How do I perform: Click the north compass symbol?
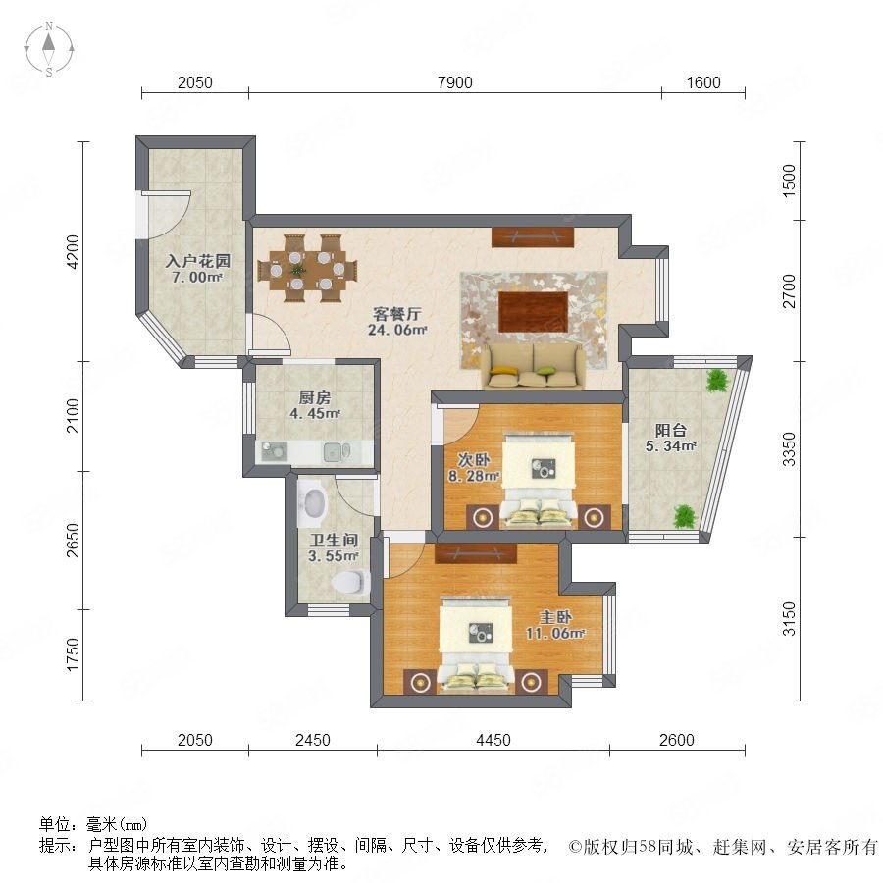pos(49,49)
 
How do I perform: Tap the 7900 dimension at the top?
pos(455,82)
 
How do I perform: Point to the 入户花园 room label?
pos(197,261)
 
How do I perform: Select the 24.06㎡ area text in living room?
pos(397,330)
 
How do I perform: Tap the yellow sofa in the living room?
pos(533,366)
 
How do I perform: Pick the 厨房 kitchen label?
pos(314,397)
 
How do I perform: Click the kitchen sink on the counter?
pos(337,451)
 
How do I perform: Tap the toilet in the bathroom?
pos(352,581)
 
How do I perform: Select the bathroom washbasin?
pos(313,500)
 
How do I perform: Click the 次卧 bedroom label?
pos(474,460)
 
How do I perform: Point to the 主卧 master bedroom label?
pos(556,617)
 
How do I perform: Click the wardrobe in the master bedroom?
pos(476,553)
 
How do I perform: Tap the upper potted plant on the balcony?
pos(716,380)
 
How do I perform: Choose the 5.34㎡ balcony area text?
pos(671,446)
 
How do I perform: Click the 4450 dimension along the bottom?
pos(493,740)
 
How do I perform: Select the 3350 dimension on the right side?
pos(790,449)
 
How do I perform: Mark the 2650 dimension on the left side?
pos(74,540)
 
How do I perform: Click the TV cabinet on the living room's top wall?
pos(533,237)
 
